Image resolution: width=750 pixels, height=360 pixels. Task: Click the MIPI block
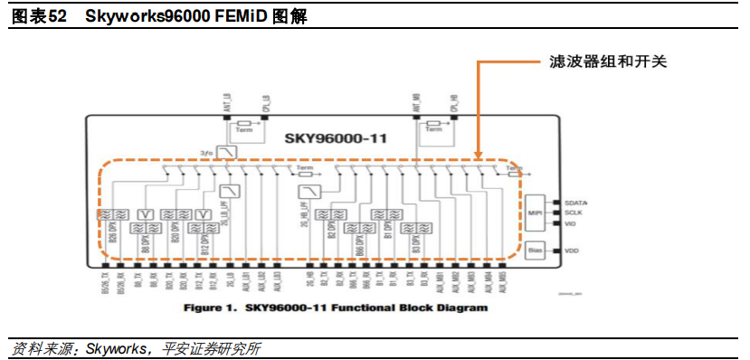tap(534, 213)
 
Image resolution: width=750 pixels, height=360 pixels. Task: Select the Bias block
tap(534, 250)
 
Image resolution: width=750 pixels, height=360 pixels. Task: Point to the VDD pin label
tap(572, 250)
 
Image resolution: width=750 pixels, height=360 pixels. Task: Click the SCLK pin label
tap(574, 213)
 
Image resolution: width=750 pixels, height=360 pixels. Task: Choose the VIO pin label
tap(572, 223)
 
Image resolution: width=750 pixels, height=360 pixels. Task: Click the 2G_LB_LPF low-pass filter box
tap(231, 191)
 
